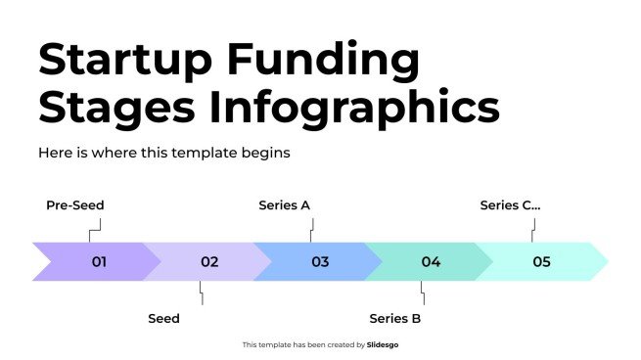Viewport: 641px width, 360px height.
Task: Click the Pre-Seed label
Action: click(75, 205)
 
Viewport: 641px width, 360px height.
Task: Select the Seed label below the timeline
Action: click(163, 318)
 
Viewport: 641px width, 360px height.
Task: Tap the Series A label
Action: click(284, 205)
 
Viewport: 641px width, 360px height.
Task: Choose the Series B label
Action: click(395, 318)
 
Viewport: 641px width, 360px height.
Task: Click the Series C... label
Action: click(510, 205)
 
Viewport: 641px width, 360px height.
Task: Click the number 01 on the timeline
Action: click(99, 262)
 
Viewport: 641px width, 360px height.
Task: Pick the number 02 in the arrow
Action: click(209, 262)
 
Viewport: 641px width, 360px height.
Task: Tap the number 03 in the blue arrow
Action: click(320, 262)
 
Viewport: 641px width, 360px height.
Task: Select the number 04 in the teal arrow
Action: click(431, 262)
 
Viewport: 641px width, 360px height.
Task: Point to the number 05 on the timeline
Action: click(541, 262)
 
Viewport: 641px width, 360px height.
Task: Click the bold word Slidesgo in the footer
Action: click(383, 344)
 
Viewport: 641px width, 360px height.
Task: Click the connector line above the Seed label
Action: click(202, 292)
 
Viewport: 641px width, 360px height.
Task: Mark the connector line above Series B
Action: click(423, 292)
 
